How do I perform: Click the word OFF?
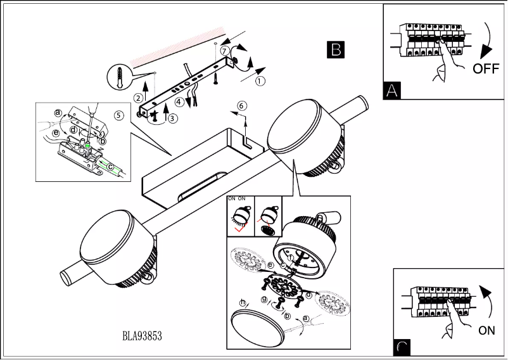[x=486, y=68]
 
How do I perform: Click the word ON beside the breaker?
[x=486, y=330]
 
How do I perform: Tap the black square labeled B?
[x=336, y=49]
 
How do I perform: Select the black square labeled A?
[x=392, y=91]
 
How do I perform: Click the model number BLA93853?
[x=142, y=336]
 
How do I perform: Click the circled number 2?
[x=138, y=98]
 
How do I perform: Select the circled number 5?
[x=118, y=115]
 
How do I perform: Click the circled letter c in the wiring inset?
[x=111, y=167]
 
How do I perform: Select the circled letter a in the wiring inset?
[x=58, y=112]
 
